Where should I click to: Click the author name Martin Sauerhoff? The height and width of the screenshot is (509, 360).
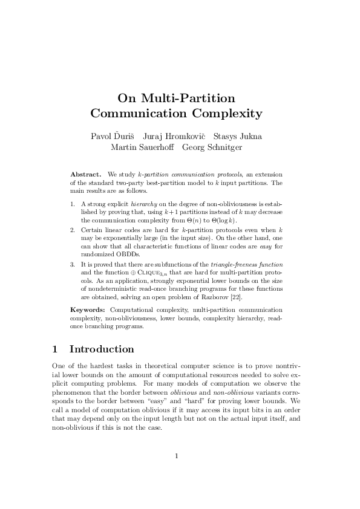[x=138, y=147]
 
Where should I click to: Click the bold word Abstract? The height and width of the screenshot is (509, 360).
[x=85, y=174]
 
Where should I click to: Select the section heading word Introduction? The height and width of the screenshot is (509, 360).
[x=102, y=349]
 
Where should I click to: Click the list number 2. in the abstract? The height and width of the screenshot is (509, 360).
[x=73, y=230]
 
